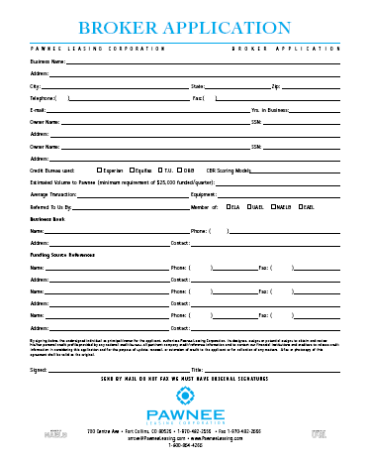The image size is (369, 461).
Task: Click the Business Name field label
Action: [47, 61]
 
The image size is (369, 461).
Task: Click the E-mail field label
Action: [39, 110]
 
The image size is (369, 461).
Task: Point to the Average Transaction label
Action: [55, 195]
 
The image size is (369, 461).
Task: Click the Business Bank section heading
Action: [46, 219]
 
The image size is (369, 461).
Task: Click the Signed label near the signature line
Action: [40, 368]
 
